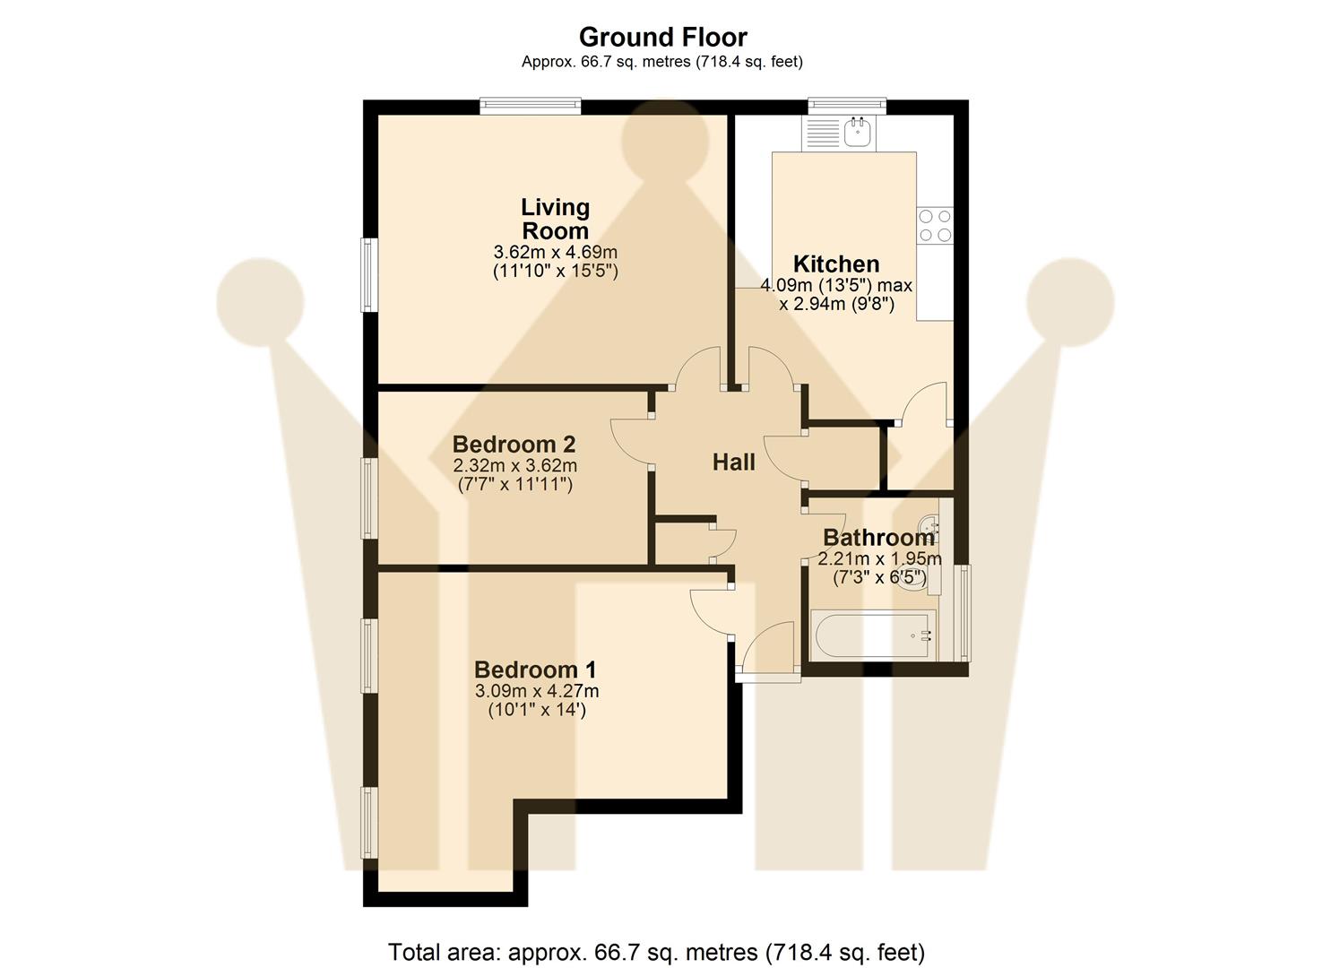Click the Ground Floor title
click(662, 37)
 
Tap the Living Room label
click(556, 219)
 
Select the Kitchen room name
click(836, 264)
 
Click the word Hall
click(733, 462)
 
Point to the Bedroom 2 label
click(514, 444)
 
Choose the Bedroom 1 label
click(535, 670)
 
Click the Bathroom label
click(878, 538)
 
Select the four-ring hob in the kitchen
click(934, 226)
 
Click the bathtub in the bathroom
click(873, 635)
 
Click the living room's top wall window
click(530, 107)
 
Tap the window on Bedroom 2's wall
click(368, 498)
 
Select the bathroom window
click(964, 612)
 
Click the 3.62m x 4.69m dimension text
click(556, 252)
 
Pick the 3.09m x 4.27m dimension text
click(537, 691)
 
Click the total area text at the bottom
click(656, 951)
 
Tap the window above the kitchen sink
click(847, 106)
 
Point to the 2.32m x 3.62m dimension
click(514, 465)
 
